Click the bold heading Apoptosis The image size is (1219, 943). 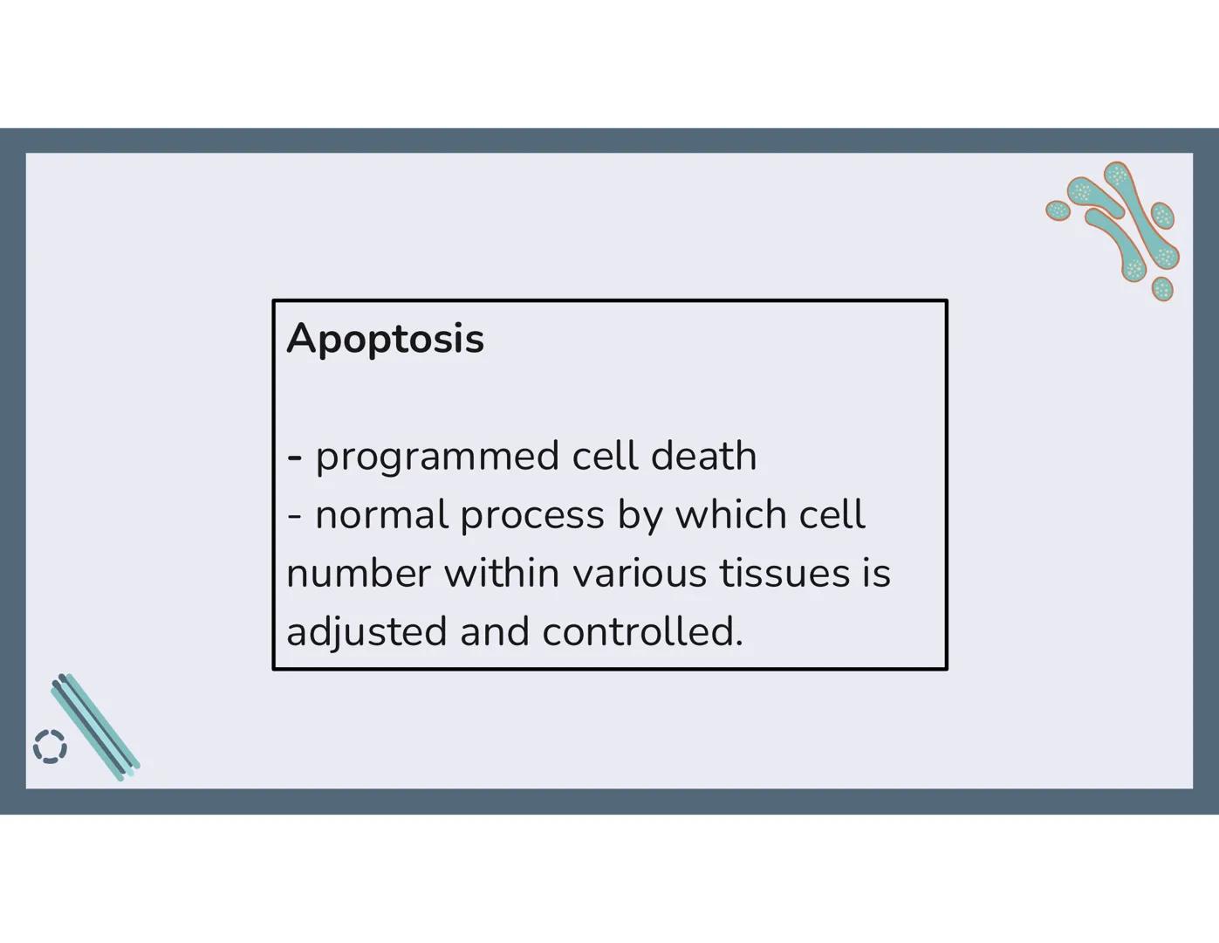(x=385, y=339)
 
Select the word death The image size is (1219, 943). (x=703, y=456)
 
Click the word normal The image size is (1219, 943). (x=380, y=515)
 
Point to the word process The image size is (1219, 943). (x=531, y=516)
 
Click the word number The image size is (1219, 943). (x=359, y=574)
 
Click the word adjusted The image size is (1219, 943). (x=366, y=632)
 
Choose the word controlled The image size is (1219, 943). (x=642, y=631)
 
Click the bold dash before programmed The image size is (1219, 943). (x=294, y=457)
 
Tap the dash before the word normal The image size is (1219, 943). (x=294, y=516)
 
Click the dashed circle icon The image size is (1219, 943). (x=50, y=747)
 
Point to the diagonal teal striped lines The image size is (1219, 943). (x=95, y=726)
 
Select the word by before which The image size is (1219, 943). (x=639, y=515)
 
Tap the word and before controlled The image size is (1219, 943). (x=494, y=631)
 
